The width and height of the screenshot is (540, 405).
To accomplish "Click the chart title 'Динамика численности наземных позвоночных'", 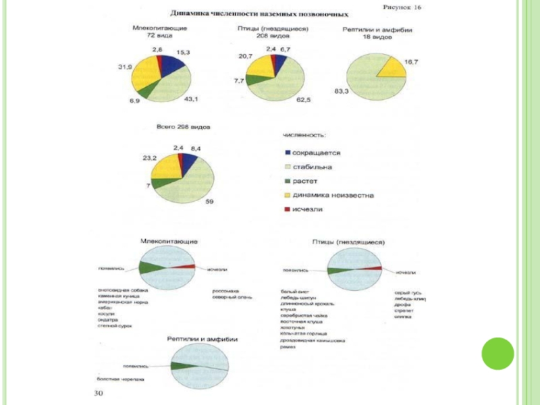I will point(259,13).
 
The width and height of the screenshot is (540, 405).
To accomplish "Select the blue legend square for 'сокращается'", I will point(288,153).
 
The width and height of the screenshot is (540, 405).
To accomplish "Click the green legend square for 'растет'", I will point(288,181).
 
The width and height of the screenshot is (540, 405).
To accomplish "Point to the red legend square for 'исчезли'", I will point(288,209).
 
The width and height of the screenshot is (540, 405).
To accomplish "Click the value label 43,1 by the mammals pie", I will point(191,99).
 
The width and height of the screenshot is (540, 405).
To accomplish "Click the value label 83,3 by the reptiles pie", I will point(342,90).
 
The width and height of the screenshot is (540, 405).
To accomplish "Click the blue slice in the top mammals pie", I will point(171,65).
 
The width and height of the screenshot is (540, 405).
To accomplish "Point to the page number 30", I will point(99,393).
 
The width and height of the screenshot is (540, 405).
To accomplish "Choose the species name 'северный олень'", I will point(229,297).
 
